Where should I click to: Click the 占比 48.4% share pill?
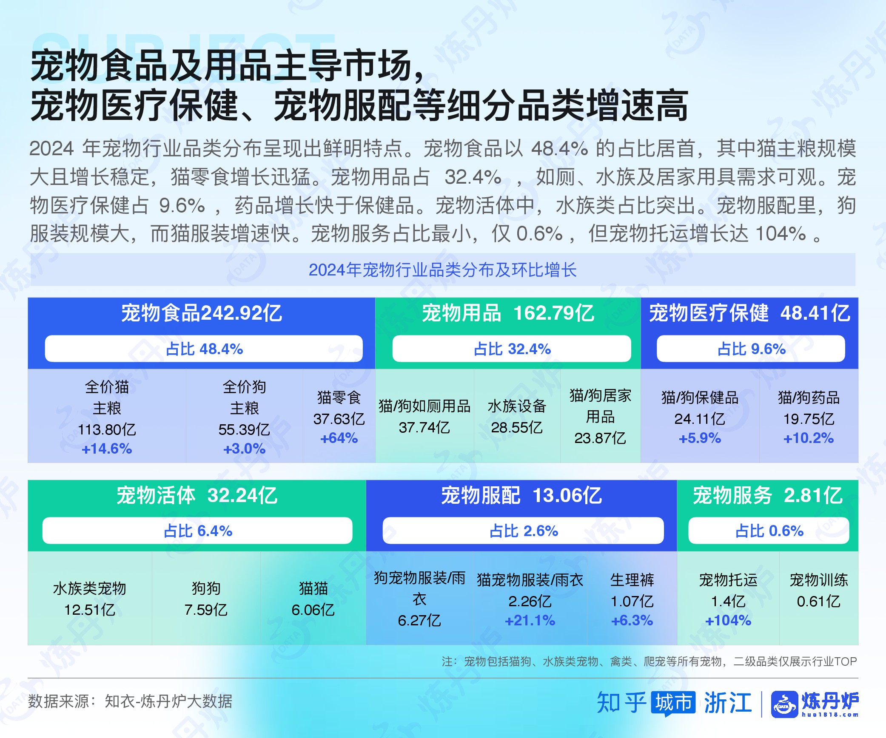(204, 349)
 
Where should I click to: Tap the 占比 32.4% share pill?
(512, 349)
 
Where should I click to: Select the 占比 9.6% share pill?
(751, 349)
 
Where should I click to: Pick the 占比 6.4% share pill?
(197, 531)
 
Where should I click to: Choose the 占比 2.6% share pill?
(523, 531)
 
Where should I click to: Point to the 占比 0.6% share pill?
(769, 531)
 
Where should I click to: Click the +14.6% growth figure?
(107, 448)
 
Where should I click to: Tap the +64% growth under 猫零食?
(339, 438)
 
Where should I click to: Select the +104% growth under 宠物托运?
(728, 620)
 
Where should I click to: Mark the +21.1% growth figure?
(530, 620)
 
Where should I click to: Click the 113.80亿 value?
(107, 429)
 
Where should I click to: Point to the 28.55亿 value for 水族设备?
(517, 427)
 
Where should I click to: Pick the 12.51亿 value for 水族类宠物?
(90, 610)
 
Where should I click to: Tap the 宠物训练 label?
(819, 580)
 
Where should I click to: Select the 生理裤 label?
(632, 580)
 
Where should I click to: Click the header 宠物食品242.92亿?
(202, 313)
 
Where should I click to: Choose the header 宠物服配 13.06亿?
(521, 495)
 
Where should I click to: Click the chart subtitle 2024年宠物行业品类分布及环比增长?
(443, 270)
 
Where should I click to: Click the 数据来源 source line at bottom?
(130, 701)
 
